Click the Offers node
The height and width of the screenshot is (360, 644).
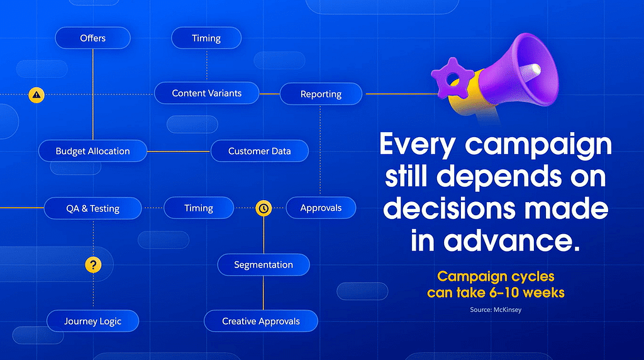coord(93,38)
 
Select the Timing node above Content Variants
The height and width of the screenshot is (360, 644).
coord(206,38)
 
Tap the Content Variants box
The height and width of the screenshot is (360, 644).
coord(206,93)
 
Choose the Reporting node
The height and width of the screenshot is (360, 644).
coord(321,94)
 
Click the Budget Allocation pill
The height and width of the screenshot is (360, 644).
coord(93,151)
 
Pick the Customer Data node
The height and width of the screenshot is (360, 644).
coord(260,151)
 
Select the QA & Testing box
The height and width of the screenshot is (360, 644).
coord(93,208)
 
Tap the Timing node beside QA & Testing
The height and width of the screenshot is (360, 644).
coord(199,208)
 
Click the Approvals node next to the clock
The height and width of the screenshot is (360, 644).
coord(321,208)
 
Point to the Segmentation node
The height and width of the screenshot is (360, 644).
coord(264,265)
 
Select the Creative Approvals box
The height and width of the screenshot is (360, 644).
coord(261,321)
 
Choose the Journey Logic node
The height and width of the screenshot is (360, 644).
coord(93,321)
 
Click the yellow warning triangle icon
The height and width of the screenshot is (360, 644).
coord(36,95)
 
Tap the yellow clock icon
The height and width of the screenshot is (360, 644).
coord(264,208)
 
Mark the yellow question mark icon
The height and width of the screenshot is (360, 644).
coord(93,265)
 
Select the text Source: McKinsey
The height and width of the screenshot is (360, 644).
coord(496,310)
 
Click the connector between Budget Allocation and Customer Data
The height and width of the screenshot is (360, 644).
coord(179,151)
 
